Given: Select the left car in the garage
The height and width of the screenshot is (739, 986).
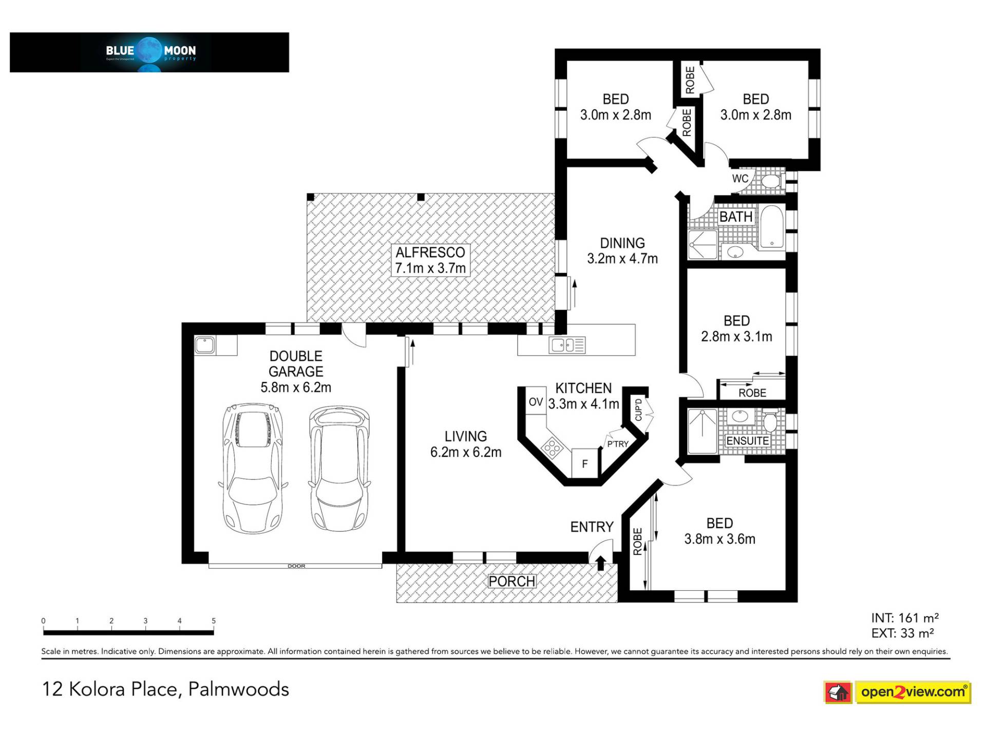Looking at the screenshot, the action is point(252,469).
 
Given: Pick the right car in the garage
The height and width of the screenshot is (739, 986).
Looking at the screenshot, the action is point(339,469).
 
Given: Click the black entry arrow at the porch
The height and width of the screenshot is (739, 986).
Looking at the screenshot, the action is point(601,562).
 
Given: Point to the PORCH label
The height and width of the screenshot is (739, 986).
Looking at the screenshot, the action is point(512,581).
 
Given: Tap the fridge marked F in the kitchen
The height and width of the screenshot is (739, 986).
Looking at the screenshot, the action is point(585,464).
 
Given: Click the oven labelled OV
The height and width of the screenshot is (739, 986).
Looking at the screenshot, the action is point(536,402).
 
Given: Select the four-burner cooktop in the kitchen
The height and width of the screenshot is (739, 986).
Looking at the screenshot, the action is point(553,448).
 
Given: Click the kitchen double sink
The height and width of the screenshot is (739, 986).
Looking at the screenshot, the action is point(567,345).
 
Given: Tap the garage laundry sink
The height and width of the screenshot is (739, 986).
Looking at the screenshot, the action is point(205,345).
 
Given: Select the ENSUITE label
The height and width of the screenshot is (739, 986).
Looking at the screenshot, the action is point(747,441).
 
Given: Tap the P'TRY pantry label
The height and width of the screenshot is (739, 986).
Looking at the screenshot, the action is point(618,444).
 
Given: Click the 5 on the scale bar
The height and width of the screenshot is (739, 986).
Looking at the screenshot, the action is point(214,621).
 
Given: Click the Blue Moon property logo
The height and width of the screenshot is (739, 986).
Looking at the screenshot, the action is point(149,52).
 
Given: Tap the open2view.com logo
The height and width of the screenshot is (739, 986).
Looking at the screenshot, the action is point(897,692).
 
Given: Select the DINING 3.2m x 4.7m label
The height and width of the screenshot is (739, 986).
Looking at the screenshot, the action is point(622,251).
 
